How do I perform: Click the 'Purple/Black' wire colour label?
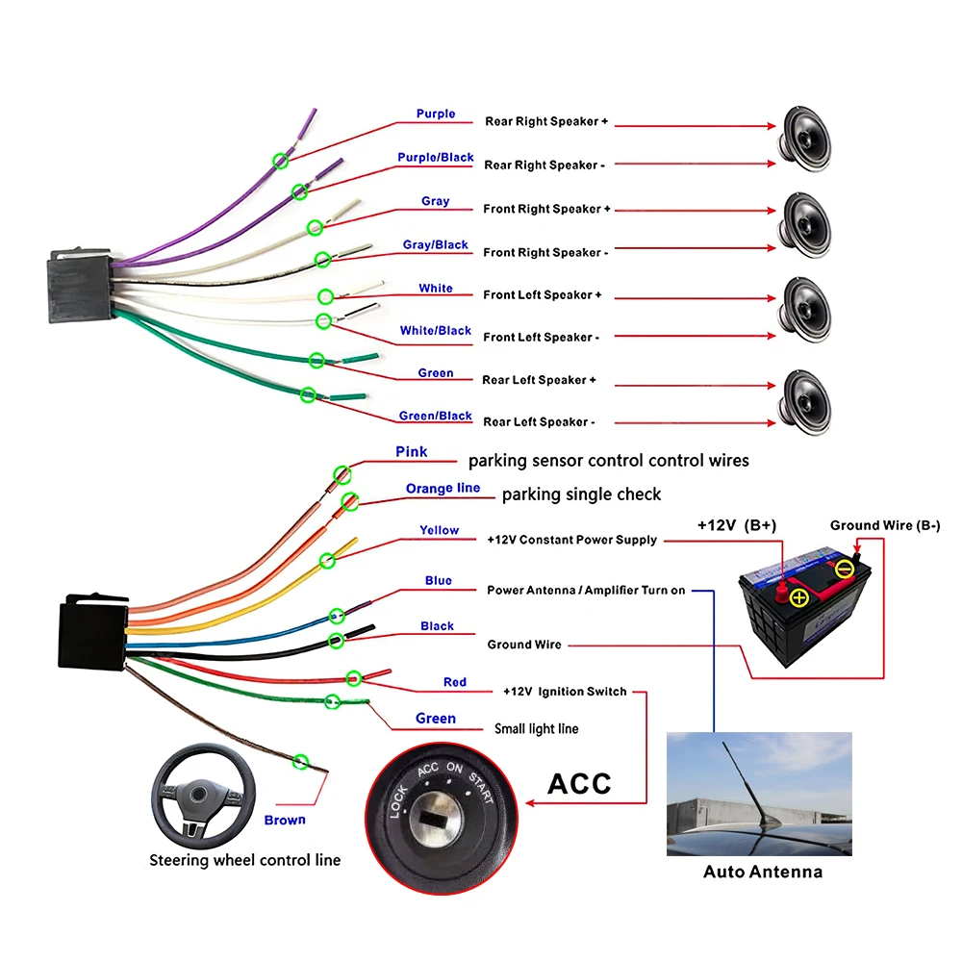(x=436, y=158)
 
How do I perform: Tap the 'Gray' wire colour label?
(x=435, y=201)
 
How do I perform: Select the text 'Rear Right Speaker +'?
(x=546, y=122)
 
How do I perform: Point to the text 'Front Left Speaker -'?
(x=542, y=338)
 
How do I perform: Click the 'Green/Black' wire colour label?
(x=436, y=417)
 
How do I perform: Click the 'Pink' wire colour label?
(x=412, y=452)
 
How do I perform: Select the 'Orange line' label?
(x=443, y=489)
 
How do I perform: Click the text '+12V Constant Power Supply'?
(x=572, y=540)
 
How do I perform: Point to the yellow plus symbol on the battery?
(x=798, y=598)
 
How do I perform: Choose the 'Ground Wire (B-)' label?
(x=885, y=525)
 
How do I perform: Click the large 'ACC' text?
(x=579, y=783)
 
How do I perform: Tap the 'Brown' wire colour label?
(x=285, y=821)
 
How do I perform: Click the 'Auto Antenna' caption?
(x=763, y=873)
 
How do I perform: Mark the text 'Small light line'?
(x=536, y=729)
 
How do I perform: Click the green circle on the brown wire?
(x=300, y=762)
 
